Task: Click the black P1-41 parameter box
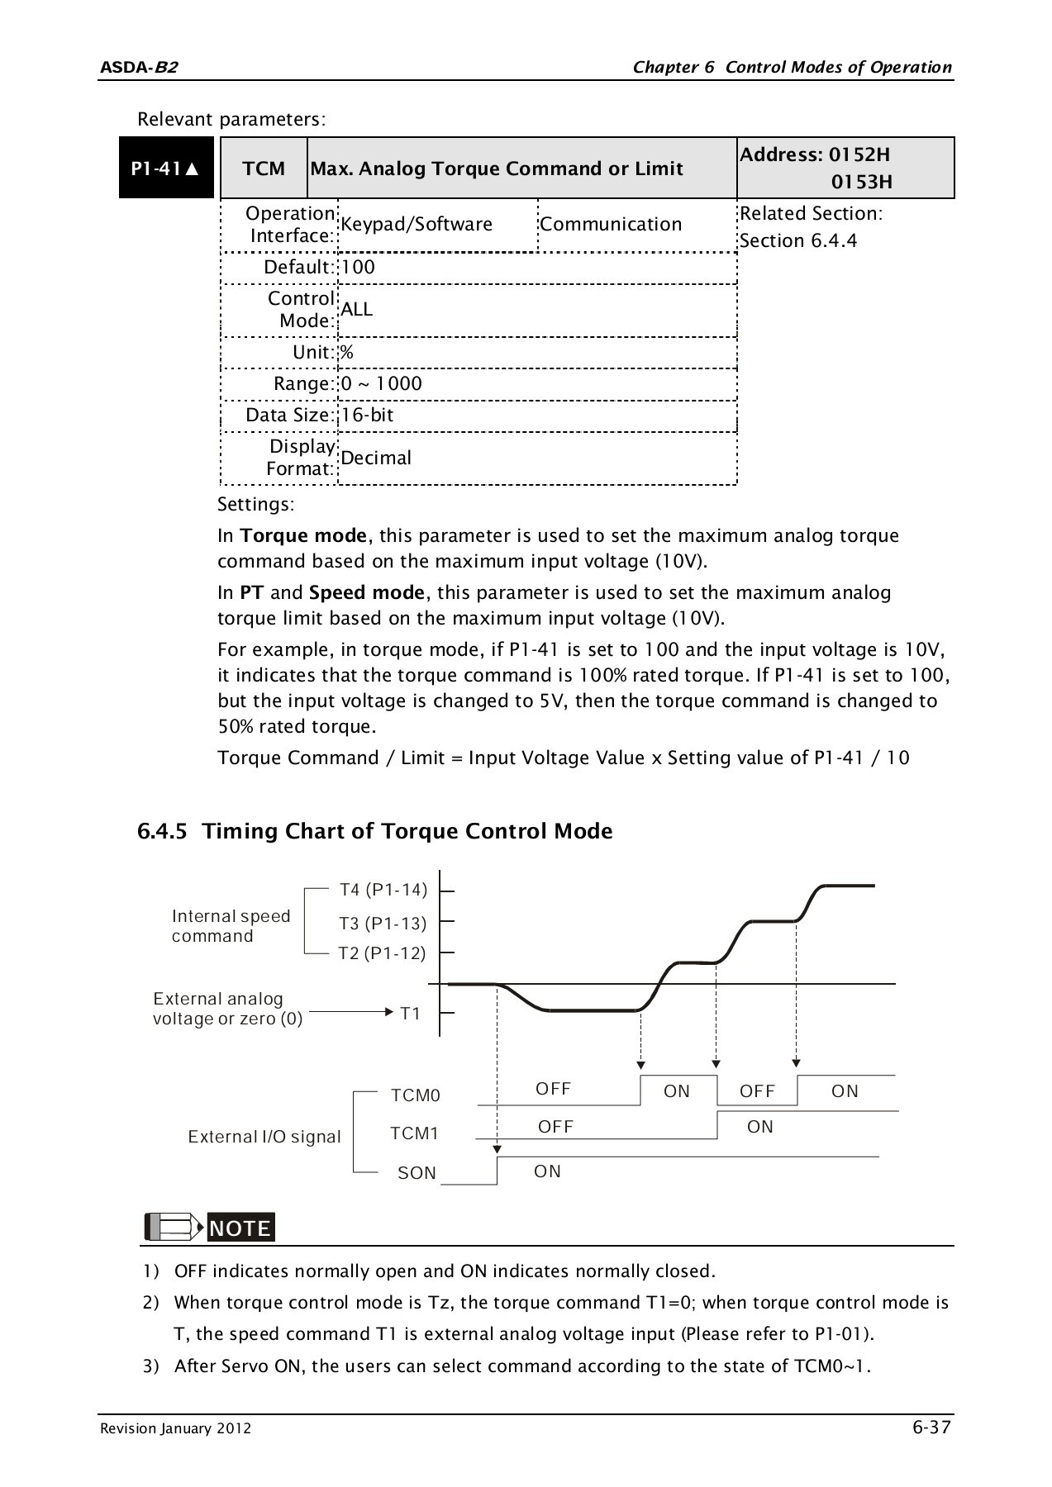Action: click(x=166, y=169)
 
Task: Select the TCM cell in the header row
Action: click(x=264, y=169)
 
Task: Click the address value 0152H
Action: click(x=859, y=154)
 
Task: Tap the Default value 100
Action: click(x=358, y=267)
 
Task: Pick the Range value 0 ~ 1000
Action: click(x=381, y=383)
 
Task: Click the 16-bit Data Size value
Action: click(x=367, y=415)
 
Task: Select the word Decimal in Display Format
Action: click(x=375, y=458)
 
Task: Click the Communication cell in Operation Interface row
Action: click(x=611, y=224)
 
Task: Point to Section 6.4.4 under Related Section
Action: click(x=798, y=240)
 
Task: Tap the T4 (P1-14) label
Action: click(x=383, y=890)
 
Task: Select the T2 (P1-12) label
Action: click(x=382, y=953)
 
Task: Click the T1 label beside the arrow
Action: click(x=411, y=1014)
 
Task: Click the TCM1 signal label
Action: click(x=414, y=1133)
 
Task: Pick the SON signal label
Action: click(x=417, y=1173)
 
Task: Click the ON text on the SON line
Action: click(x=547, y=1171)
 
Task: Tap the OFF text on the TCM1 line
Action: click(x=555, y=1127)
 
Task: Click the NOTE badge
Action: click(x=240, y=1228)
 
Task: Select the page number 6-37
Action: click(x=931, y=1427)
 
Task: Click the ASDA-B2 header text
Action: click(x=138, y=67)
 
